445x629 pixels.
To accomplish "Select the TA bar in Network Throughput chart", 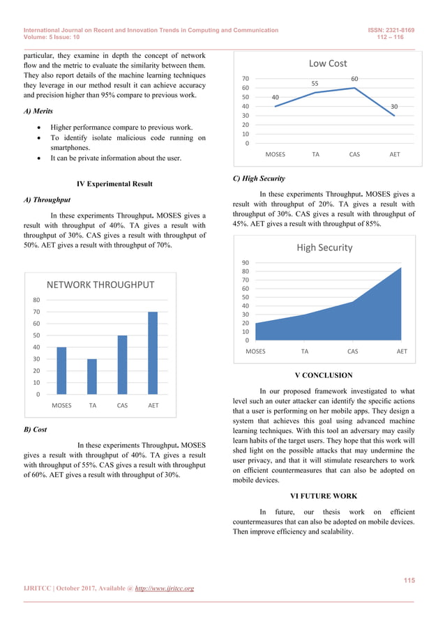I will coord(92,377).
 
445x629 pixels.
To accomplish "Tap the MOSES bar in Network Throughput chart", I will coord(61,370).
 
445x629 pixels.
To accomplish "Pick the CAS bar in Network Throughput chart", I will coord(122,365).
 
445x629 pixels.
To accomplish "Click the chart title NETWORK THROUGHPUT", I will coord(100,285).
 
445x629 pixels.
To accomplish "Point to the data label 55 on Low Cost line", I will coord(315,84).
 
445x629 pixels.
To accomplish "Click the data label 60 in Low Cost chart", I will coord(354,79).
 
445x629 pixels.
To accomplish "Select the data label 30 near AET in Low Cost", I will coord(394,107).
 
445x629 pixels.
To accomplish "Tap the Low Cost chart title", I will coord(327,63).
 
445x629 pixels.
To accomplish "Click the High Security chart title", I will coord(324,247).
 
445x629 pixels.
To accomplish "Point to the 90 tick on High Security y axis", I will coord(246,263).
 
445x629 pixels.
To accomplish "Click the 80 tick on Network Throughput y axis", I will coord(36,300).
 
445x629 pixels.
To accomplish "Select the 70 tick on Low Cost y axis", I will coord(246,79).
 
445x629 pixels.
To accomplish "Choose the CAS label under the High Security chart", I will coord(352,351).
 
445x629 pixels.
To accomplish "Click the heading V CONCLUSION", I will coord(324,375).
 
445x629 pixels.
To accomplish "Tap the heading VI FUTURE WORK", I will coord(324,496).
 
